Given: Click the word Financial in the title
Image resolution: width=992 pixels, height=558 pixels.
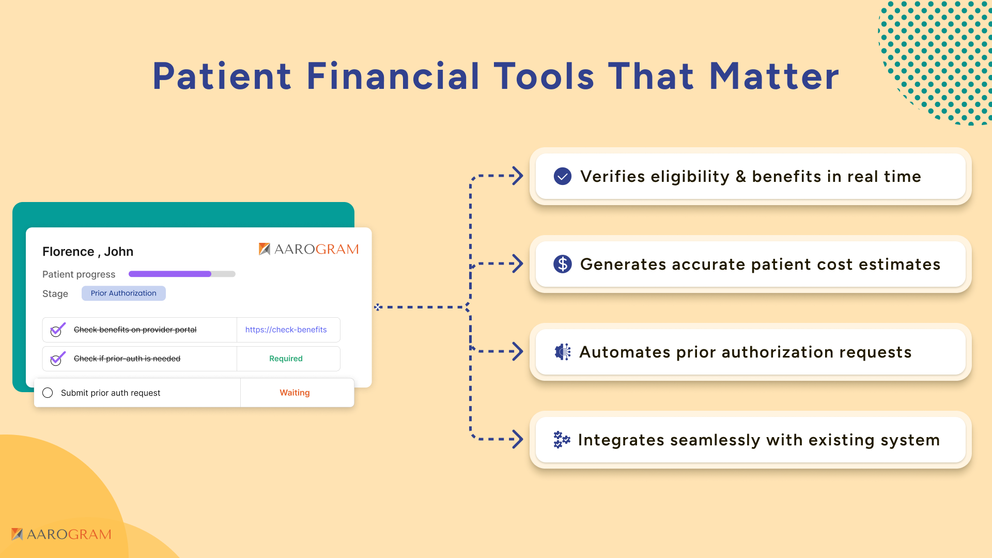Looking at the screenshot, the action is coord(393,76).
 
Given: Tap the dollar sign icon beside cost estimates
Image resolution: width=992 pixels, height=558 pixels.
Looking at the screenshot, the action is coord(562,264).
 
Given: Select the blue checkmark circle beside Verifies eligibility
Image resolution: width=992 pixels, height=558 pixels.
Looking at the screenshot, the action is coord(562,176).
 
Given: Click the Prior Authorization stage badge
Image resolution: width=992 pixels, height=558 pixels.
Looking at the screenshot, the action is coord(123,293).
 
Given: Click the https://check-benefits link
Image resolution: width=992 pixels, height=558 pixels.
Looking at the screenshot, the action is coord(286,330).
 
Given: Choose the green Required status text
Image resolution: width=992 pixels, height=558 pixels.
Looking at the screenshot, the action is coord(286,359).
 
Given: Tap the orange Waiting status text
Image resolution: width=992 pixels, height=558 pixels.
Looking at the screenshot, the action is coord(295,393).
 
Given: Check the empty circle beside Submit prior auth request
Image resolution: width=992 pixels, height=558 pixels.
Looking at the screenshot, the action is coord(48,393).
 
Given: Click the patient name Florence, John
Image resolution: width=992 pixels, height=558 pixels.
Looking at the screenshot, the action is coord(88,252).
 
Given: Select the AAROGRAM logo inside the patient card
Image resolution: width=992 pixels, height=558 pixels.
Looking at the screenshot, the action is coord(308,249).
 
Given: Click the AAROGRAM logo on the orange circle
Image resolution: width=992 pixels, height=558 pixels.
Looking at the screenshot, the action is coord(61,534).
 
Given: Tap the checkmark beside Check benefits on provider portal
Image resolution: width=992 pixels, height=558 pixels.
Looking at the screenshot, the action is coord(57,330).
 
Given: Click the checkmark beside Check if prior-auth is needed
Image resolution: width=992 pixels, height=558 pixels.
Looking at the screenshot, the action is coord(57,359).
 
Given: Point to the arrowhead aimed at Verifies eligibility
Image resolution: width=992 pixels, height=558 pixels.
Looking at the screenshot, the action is coord(517,176).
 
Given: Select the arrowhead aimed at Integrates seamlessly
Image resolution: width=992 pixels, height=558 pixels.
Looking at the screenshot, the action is coord(517,439).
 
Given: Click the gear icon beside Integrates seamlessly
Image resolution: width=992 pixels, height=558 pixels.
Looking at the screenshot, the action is coord(562,440).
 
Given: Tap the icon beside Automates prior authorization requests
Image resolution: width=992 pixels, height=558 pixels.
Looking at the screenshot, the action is coord(562,352).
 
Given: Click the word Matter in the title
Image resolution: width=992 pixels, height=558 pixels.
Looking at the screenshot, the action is coord(774,76).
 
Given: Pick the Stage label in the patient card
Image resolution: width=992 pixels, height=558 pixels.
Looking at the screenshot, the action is coord(55,293).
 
